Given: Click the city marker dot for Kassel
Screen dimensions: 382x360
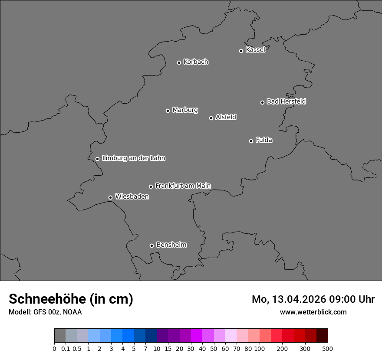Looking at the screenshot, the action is point(241,51).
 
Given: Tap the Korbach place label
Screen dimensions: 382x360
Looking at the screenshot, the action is point(196,62).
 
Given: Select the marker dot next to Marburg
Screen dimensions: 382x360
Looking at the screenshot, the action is point(168,111).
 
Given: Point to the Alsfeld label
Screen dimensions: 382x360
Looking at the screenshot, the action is point(226,117).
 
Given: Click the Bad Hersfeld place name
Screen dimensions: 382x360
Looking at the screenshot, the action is point(286,101).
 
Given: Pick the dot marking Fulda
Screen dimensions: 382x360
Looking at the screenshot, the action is point(251,141).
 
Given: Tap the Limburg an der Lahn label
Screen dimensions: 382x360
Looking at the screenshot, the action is point(133,158).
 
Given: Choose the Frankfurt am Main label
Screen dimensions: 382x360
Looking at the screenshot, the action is point(183,186).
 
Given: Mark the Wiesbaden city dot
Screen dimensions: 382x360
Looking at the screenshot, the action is point(110,197).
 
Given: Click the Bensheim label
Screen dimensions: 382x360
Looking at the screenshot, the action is point(171,245).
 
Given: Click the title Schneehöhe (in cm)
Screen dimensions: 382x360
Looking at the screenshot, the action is point(71,299).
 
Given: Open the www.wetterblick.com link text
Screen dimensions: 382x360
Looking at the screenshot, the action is point(313,312).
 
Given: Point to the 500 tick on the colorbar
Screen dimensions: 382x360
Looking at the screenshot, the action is point(328,349).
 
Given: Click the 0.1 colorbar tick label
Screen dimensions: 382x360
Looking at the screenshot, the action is point(66,349).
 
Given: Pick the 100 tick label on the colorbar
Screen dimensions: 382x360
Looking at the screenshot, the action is point(260,349).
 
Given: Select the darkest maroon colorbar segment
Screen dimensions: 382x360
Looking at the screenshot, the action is point(322,336).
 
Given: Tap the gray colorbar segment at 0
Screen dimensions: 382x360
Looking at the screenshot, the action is point(60,336).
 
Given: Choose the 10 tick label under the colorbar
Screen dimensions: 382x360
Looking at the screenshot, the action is point(157,349).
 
